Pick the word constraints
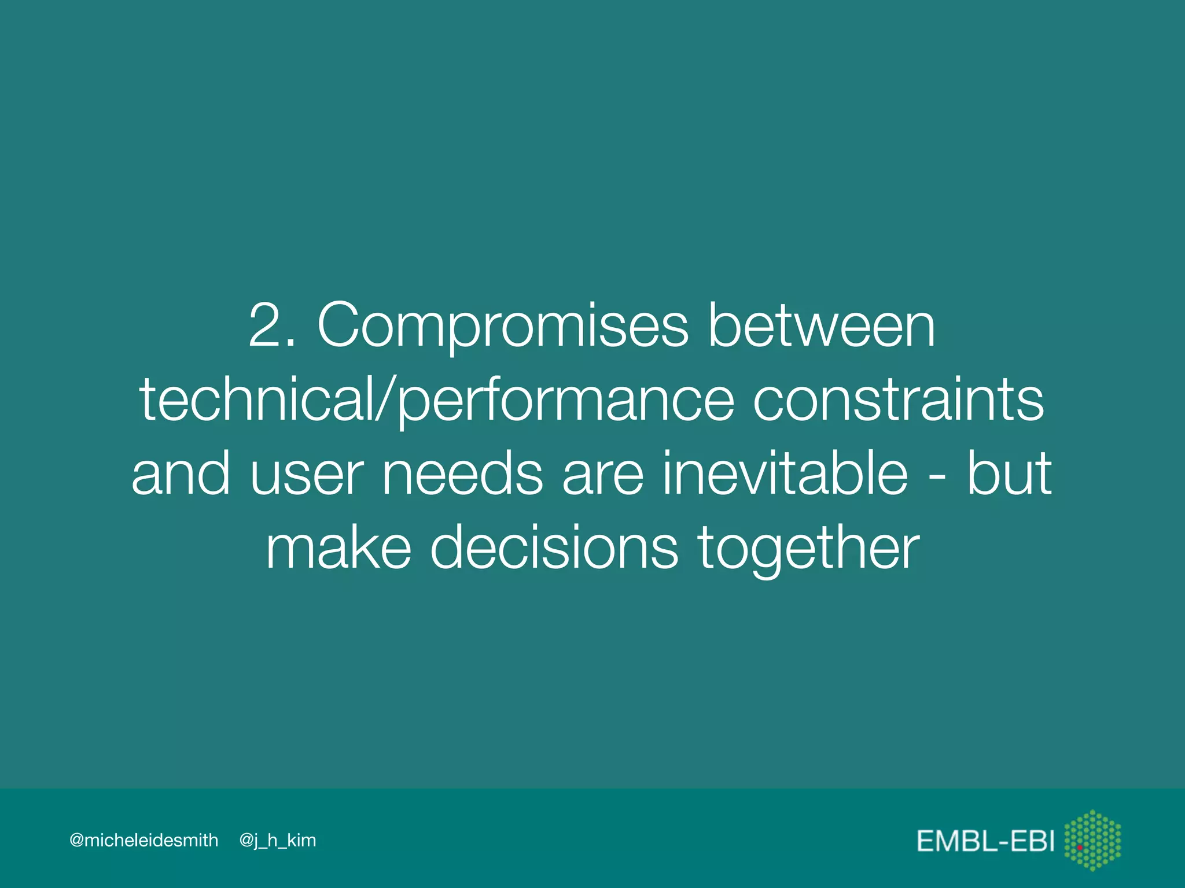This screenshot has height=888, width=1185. [x=898, y=399]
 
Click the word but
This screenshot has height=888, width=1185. [x=1009, y=473]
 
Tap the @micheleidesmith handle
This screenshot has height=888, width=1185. [x=143, y=840]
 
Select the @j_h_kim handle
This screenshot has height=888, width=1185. [x=278, y=841]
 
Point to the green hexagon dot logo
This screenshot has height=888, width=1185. [x=1092, y=840]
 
